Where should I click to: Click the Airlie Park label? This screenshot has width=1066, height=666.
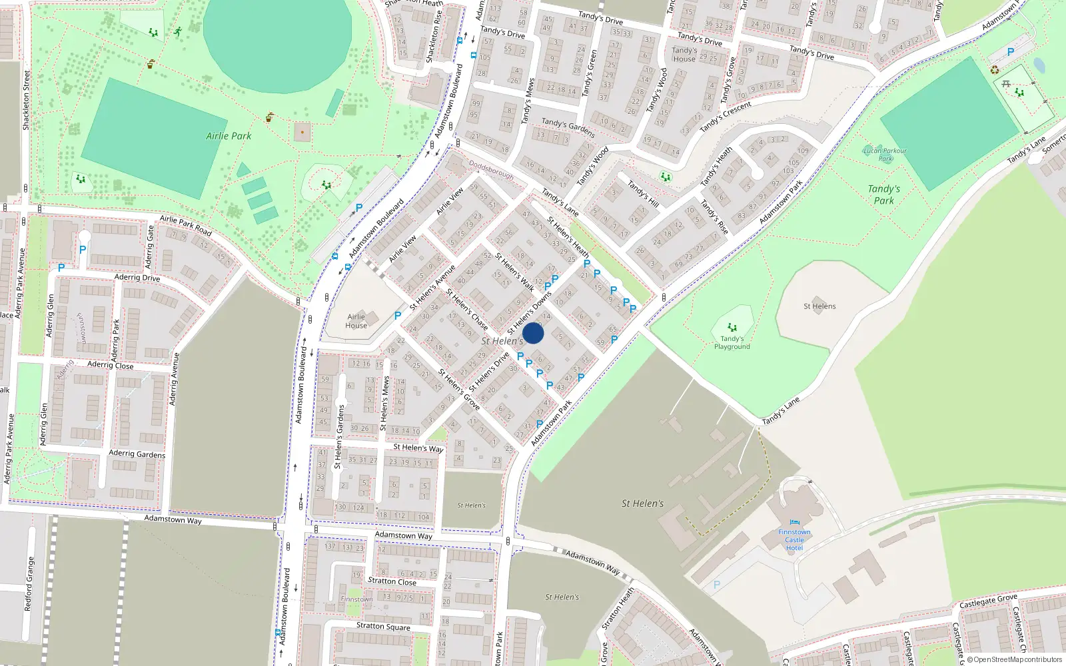pyautogui.click(x=229, y=136)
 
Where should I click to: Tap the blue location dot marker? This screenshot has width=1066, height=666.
pyautogui.click(x=533, y=333)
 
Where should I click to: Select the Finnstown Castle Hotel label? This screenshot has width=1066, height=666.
pyautogui.click(x=794, y=540)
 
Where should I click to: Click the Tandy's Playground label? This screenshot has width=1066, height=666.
pyautogui.click(x=732, y=343)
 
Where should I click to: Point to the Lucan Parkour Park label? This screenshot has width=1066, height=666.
pyautogui.click(x=885, y=155)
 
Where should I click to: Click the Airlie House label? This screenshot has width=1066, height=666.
pyautogui.click(x=356, y=321)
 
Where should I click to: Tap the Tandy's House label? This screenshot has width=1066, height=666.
pyautogui.click(x=684, y=55)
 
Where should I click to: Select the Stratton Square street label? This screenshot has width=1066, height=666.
pyautogui.click(x=383, y=626)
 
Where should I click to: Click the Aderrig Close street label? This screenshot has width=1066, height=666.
pyautogui.click(x=110, y=365)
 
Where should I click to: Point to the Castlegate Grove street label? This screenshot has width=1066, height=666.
pyautogui.click(x=988, y=601)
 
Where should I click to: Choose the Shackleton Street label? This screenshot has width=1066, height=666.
pyautogui.click(x=27, y=100)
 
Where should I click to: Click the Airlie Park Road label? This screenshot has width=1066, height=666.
pyautogui.click(x=185, y=225)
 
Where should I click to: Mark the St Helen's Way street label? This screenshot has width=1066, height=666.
pyautogui.click(x=418, y=448)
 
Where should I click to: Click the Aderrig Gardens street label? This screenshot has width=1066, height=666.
pyautogui.click(x=137, y=454)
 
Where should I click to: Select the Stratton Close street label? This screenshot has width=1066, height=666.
pyautogui.click(x=392, y=581)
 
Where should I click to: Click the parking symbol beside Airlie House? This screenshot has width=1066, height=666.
pyautogui.click(x=398, y=316)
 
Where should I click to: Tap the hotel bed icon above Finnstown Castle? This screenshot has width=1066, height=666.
pyautogui.click(x=794, y=523)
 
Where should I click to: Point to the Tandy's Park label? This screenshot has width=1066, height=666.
pyautogui.click(x=883, y=194)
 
